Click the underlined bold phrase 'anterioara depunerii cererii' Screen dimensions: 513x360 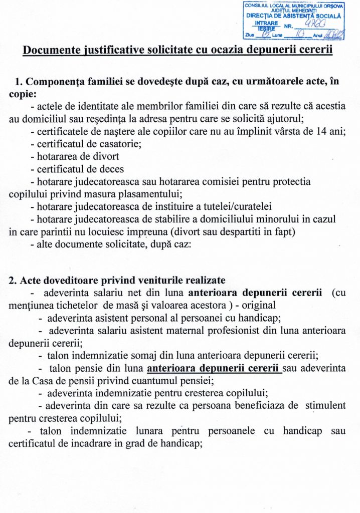(x=213, y=369)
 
